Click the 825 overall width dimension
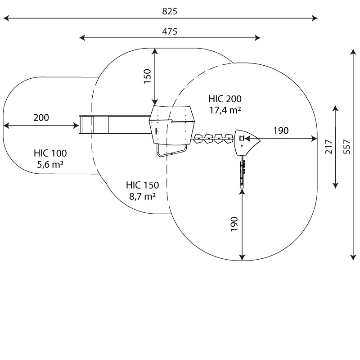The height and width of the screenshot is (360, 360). click(170, 12)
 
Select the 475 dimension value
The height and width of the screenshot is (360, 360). click(170, 31)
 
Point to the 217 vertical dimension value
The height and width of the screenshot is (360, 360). click(329, 147)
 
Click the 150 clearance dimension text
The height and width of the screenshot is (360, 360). click(148, 76)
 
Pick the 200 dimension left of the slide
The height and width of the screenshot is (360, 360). click(41, 117)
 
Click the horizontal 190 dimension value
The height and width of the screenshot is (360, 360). click(281, 130)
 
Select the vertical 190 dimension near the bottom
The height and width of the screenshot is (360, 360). click(234, 224)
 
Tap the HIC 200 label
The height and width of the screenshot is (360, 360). click(225, 99)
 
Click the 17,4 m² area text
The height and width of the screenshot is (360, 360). click(225, 110)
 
